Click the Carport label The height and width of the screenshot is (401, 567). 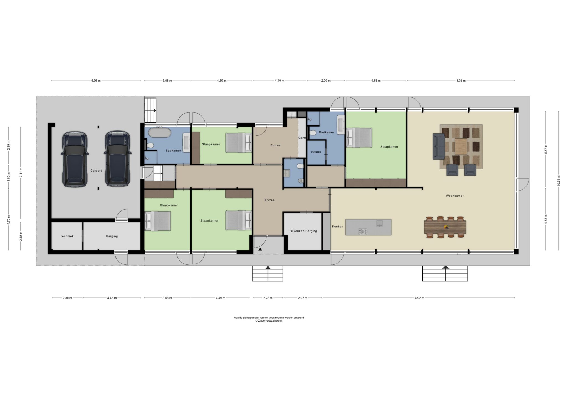click(96, 171)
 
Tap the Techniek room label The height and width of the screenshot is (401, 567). click(67, 236)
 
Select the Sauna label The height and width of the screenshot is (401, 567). click(316, 152)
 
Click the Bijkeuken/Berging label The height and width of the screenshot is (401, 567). click(303, 231)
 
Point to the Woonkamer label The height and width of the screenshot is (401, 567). click(455, 196)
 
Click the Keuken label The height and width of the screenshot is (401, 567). click(337, 227)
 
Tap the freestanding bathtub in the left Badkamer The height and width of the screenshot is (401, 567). click(159, 133)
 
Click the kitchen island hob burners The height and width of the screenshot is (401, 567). click(363, 232)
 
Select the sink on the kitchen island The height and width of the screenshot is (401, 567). click(379, 223)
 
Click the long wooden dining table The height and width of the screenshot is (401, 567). click(445, 227)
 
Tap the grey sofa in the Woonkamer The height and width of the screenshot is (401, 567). click(439, 146)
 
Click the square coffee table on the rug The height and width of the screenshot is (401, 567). click(461, 146)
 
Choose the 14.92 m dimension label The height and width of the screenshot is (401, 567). click(419, 298)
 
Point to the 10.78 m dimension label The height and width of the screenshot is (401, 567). click(558, 181)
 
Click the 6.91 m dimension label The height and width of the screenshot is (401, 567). click(96, 81)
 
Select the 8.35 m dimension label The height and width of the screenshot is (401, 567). click(461, 81)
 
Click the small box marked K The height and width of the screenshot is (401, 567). click(291, 114)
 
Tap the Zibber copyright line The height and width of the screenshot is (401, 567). click(269, 321)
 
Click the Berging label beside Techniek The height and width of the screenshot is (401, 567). click(112, 236)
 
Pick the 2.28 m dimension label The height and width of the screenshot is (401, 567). click(268, 298)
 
